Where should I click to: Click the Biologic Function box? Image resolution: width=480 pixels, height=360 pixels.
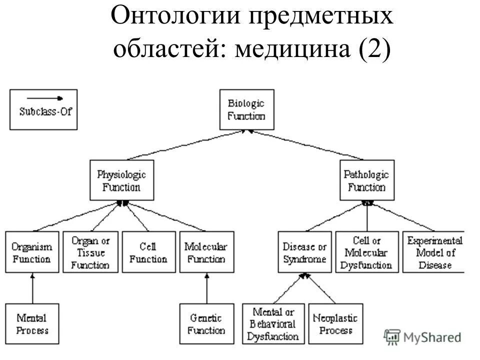pyautogui.click(x=246, y=109)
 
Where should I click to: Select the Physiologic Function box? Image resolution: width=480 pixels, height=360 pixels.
pyautogui.click(x=121, y=180)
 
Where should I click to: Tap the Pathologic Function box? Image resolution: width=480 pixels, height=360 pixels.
pyautogui.click(x=366, y=180)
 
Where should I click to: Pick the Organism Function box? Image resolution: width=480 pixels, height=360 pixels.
pyautogui.click(x=31, y=252)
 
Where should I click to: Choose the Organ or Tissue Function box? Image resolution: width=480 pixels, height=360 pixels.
pyautogui.click(x=90, y=252)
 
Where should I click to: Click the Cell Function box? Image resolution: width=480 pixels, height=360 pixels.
pyautogui.click(x=148, y=252)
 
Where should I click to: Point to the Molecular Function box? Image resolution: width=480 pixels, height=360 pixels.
pyautogui.click(x=206, y=252)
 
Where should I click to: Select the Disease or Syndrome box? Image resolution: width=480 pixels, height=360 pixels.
pyautogui.click(x=304, y=252)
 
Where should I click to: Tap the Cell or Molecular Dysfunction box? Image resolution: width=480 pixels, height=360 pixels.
pyautogui.click(x=367, y=252)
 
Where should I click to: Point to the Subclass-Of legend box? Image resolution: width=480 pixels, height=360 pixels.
pyautogui.click(x=44, y=109)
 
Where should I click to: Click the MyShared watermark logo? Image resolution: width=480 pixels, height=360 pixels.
pyautogui.click(x=422, y=337)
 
